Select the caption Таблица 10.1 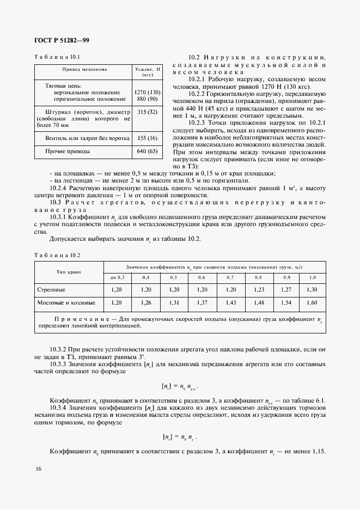(x=57, y=57)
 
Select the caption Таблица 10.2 (x=57, y=255)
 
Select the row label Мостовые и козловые (x=66, y=302)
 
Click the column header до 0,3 (x=118, y=278)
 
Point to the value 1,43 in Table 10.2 (x=230, y=302)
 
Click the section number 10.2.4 (x=58, y=188)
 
